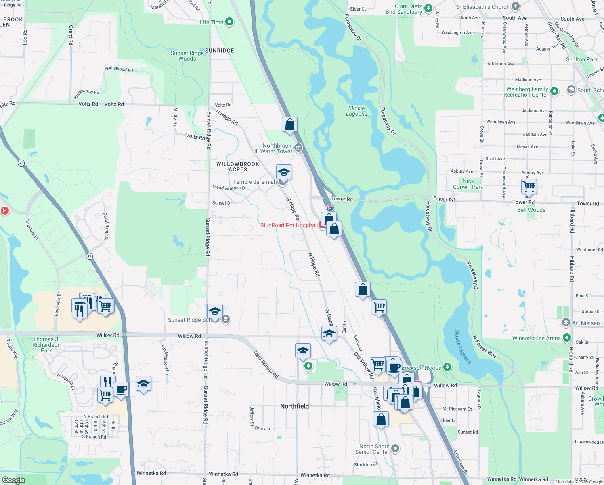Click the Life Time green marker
click(x=229, y=22)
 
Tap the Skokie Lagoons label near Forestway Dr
click(x=357, y=111)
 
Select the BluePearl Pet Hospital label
click(x=288, y=225)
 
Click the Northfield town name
click(x=294, y=406)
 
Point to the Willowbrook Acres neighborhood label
click(x=238, y=167)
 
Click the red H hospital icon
click(x=4, y=211)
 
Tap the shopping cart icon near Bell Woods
click(x=529, y=187)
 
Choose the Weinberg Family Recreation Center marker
click(x=554, y=91)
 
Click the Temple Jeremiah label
click(x=255, y=182)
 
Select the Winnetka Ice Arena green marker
click(x=567, y=338)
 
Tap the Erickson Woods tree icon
click(x=447, y=367)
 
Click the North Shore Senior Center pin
click(x=395, y=448)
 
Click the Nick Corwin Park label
click(x=468, y=184)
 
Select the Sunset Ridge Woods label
click(x=187, y=56)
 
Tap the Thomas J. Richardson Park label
click(x=46, y=345)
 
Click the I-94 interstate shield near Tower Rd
click(x=330, y=208)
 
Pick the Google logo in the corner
click(x=13, y=480)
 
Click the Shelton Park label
click(x=582, y=59)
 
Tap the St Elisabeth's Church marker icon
click(x=516, y=6)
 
